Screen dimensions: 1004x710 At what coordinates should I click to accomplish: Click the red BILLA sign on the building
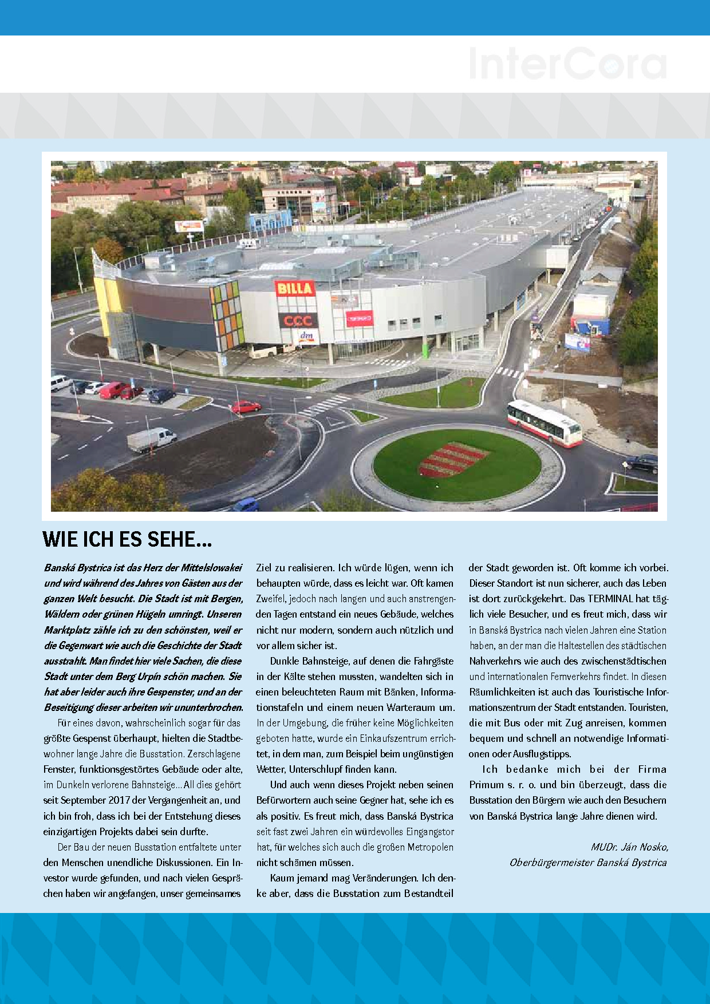pyautogui.click(x=295, y=288)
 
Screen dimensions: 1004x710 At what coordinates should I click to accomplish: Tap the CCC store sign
pyautogui.click(x=298, y=320)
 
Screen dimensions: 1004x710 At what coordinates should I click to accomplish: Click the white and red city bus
pyautogui.click(x=544, y=422)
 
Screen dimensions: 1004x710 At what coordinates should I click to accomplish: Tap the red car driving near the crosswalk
pyautogui.click(x=246, y=407)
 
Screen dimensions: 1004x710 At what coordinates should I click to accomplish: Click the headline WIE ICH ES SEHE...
pyautogui.click(x=127, y=539)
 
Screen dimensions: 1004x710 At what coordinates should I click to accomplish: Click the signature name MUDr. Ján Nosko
pyautogui.click(x=629, y=847)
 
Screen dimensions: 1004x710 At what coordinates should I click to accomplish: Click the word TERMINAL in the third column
pyautogui.click(x=610, y=599)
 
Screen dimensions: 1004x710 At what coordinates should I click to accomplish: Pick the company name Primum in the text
pyautogui.click(x=486, y=785)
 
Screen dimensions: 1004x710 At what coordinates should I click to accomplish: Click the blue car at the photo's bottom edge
pyautogui.click(x=246, y=505)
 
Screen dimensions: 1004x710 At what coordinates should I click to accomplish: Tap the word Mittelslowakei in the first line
pyautogui.click(x=211, y=568)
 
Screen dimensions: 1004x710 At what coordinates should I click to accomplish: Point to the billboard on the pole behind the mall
pyautogui.click(x=189, y=226)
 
